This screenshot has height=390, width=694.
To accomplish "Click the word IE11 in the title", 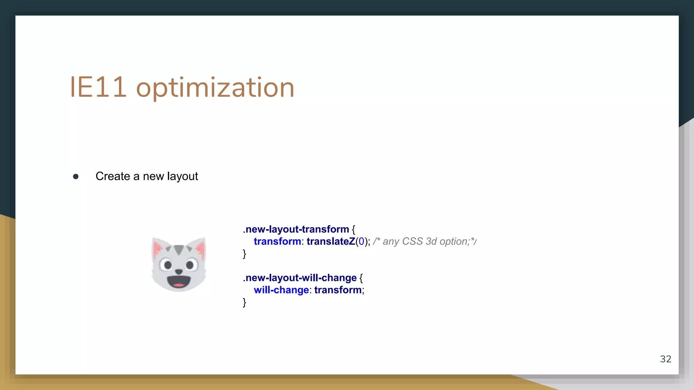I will (98, 87).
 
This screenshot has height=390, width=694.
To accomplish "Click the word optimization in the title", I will (215, 88).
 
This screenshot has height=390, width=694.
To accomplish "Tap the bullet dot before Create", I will (76, 176).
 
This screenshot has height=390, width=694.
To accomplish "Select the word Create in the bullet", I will (113, 176).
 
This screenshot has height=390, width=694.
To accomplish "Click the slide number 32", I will (666, 359).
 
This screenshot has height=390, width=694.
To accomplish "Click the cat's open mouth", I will (179, 281).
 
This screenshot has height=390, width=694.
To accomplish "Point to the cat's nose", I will (179, 271).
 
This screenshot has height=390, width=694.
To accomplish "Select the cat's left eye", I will (167, 264).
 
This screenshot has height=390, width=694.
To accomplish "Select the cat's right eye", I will (190, 264).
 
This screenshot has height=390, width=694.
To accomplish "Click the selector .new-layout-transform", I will (296, 230).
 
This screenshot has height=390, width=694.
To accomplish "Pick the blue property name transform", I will (277, 241).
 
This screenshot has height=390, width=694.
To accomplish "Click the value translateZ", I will (331, 241).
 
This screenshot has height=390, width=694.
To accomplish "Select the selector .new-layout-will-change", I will (300, 278).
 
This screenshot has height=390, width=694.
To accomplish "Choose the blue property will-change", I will (281, 290).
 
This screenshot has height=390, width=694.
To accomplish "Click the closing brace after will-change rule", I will (244, 302).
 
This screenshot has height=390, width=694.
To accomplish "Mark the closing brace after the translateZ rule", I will (244, 254).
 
